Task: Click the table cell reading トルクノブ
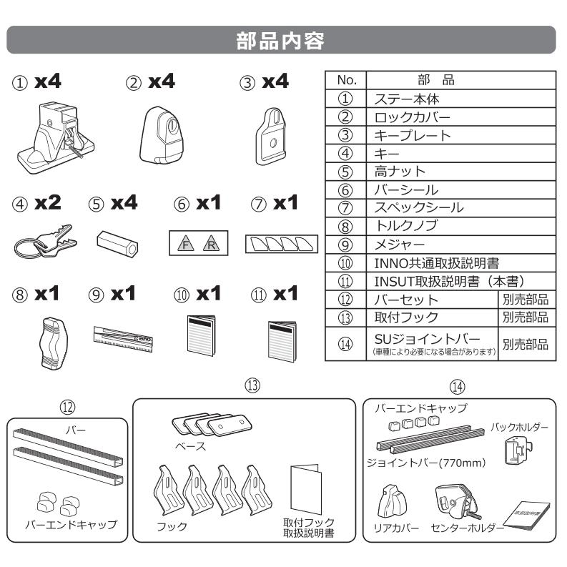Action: [x=399, y=226]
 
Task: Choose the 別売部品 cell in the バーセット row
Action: [x=525, y=299]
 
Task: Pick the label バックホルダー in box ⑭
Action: [x=518, y=428]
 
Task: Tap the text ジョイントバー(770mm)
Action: [x=427, y=462]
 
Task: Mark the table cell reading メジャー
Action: [x=390, y=244]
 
